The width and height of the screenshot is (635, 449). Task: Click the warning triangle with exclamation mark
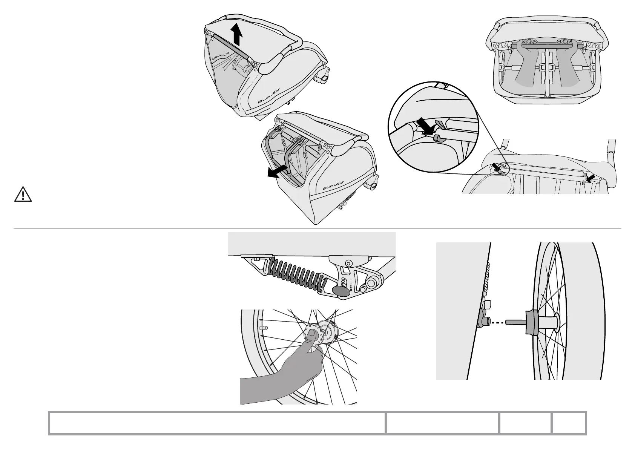(x=23, y=194)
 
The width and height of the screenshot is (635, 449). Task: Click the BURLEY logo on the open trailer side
(x=333, y=185)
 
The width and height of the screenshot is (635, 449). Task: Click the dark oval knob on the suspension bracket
(x=340, y=291)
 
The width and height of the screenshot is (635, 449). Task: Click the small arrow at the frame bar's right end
(x=591, y=177)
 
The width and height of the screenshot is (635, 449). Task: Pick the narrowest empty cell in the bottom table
(x=569, y=423)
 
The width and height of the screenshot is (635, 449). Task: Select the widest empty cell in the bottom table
(x=217, y=423)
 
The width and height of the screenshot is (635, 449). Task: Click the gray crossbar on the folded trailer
(x=231, y=46)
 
